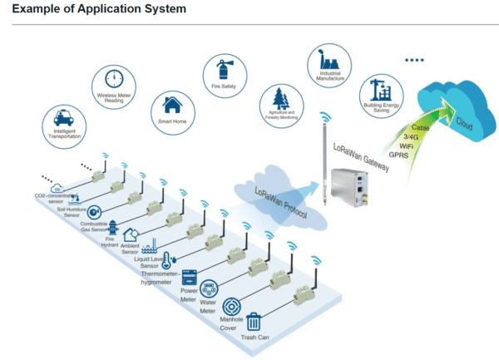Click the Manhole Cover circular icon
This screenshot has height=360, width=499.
(232, 305)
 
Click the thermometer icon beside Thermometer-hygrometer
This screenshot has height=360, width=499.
(168, 260)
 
